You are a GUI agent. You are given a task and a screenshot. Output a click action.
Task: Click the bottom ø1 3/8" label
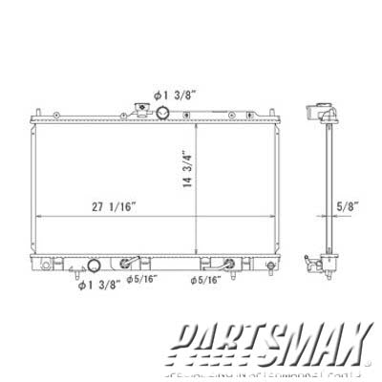[98, 283]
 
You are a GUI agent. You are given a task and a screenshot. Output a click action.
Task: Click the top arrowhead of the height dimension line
[195, 123]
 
